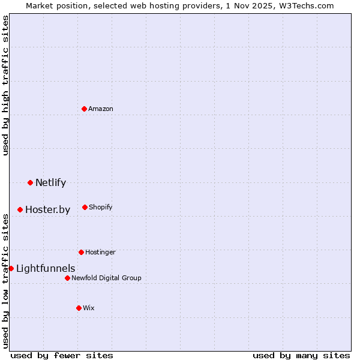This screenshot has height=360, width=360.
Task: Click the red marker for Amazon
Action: tap(85, 109)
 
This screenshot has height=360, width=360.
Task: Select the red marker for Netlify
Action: tap(30, 182)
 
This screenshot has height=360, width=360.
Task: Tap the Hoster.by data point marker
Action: tap(20, 209)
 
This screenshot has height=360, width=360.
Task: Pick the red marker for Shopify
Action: tap(85, 207)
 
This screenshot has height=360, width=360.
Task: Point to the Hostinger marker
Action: tap(81, 252)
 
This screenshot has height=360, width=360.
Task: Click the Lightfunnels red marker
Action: tap(11, 268)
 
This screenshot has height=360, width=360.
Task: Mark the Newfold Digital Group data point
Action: tap(67, 278)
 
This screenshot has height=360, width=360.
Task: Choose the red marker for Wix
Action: tap(79, 308)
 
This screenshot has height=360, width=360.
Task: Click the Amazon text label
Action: tap(101, 109)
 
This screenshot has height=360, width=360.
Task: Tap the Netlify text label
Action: tap(50, 183)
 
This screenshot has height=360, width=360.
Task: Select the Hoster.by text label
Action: tap(47, 210)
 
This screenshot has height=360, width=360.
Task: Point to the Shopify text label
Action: tap(101, 208)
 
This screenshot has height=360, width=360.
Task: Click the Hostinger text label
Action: tap(100, 253)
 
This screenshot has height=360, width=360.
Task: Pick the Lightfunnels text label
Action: tap(46, 269)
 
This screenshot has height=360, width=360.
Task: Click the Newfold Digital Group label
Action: tap(106, 278)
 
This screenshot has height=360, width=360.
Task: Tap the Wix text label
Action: tap(89, 308)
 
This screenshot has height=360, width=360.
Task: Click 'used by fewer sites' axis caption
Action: tap(62, 355)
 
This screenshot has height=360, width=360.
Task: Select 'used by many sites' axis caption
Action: tap(301, 355)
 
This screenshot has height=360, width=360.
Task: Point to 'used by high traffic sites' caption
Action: tap(5, 85)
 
